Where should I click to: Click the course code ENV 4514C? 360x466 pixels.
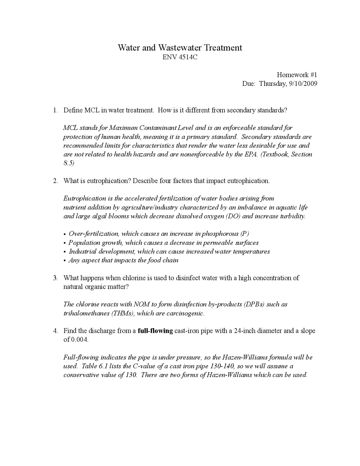(180, 57)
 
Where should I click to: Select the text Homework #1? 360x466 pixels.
(297, 75)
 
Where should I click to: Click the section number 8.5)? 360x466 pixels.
(69, 163)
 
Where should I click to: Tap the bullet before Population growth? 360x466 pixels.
(65, 243)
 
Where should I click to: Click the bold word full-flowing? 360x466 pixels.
(155, 331)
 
